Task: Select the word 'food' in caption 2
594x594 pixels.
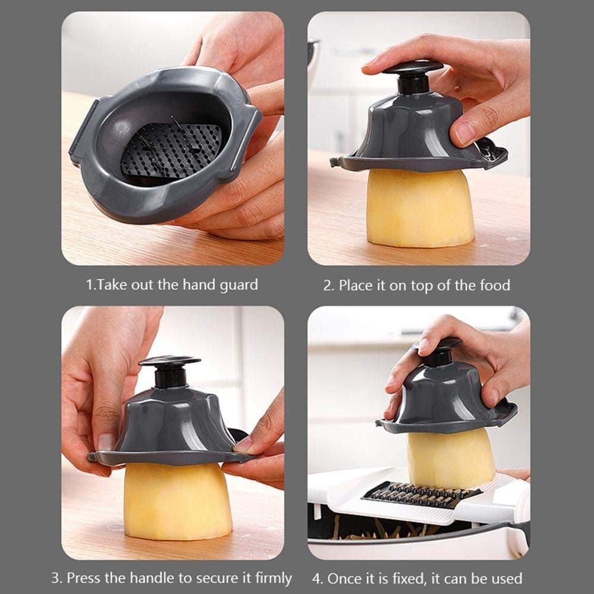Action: pos(494,285)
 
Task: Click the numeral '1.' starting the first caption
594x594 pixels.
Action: pos(91,285)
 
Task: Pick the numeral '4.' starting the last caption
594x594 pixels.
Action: pos(317,578)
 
